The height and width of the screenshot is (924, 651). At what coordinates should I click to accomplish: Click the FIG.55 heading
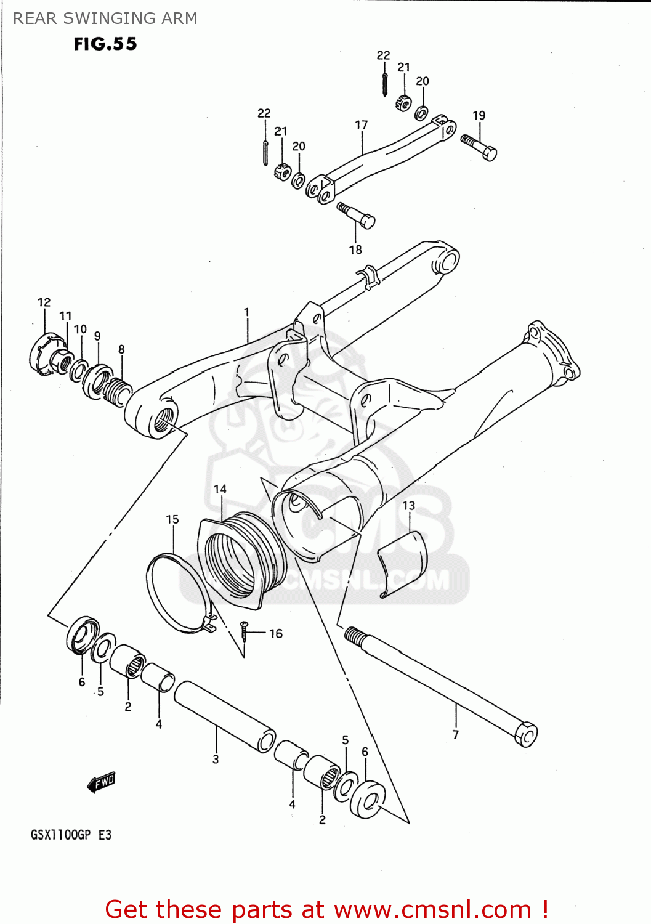click(x=105, y=44)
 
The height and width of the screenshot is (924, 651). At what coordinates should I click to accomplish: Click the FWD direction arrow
click(x=102, y=782)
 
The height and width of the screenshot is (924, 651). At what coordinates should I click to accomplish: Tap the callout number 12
click(x=44, y=302)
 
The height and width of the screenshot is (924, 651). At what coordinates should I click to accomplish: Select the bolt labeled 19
click(x=480, y=147)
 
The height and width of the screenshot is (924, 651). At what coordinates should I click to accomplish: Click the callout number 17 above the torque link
click(x=362, y=125)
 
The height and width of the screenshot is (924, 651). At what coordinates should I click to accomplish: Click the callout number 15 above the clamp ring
click(x=172, y=519)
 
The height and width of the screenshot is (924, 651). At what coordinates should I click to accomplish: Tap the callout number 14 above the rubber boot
click(x=220, y=489)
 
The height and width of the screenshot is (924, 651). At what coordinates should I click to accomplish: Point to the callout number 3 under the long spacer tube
click(x=216, y=760)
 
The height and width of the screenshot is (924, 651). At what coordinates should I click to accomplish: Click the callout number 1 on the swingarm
click(x=246, y=312)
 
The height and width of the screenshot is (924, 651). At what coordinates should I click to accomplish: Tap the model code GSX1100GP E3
click(x=71, y=835)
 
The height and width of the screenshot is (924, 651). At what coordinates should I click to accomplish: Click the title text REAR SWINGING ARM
click(x=105, y=18)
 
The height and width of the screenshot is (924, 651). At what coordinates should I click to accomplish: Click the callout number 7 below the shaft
click(x=456, y=734)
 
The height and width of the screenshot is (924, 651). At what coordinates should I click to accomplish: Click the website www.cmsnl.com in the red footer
click(x=432, y=909)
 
